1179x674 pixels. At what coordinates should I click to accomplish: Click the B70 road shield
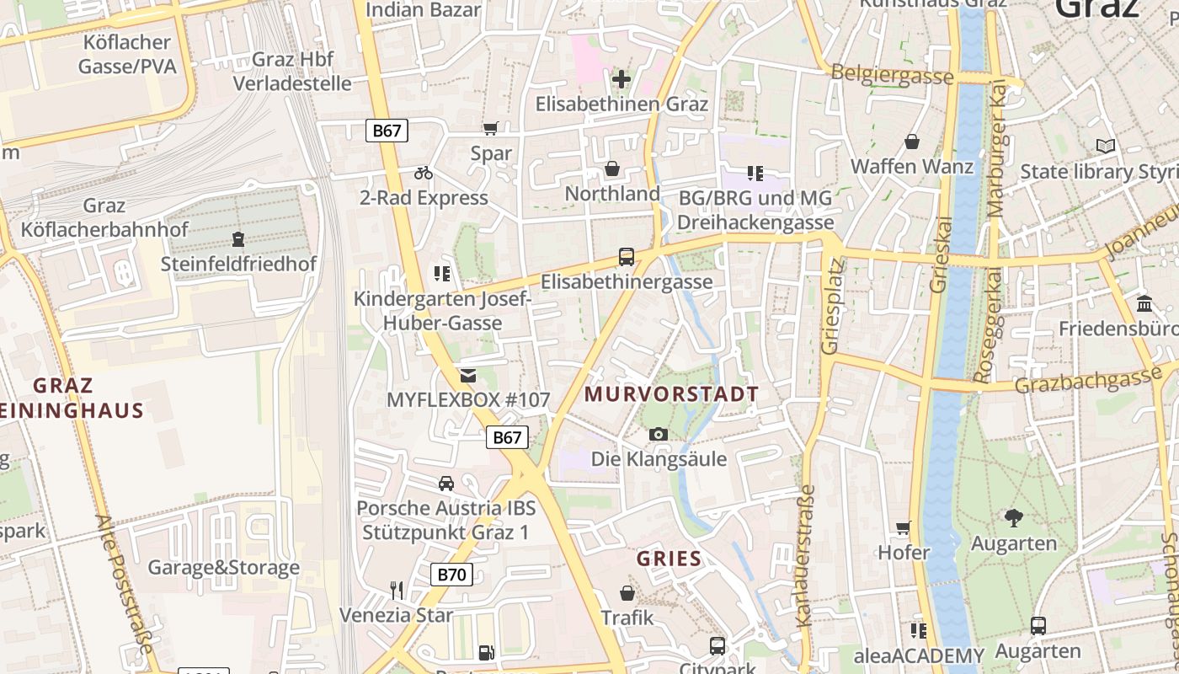click(451, 575)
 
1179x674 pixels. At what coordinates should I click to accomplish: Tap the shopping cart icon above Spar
click(490, 129)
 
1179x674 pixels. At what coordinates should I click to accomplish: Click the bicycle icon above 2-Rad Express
click(424, 173)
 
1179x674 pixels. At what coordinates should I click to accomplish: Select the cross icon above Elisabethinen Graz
click(622, 79)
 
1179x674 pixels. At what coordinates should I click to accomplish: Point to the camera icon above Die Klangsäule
click(659, 434)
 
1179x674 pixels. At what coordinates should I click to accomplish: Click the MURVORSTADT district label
click(671, 394)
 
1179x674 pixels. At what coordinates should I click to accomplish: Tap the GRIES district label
click(669, 559)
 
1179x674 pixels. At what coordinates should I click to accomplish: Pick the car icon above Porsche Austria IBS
click(446, 483)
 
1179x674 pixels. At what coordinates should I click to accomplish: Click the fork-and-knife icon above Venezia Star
click(397, 589)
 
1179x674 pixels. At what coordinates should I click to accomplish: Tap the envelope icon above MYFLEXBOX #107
click(467, 375)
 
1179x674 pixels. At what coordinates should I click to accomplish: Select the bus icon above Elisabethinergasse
click(627, 257)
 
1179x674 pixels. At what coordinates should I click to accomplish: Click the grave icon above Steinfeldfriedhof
click(238, 238)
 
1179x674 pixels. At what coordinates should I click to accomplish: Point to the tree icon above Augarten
click(1013, 517)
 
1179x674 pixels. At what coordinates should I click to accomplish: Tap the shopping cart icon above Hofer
click(904, 528)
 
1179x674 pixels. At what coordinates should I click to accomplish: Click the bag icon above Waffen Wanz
click(911, 142)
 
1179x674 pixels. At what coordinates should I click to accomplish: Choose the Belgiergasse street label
click(892, 75)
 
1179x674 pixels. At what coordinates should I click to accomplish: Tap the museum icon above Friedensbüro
click(1144, 303)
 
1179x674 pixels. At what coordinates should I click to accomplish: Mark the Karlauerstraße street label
click(806, 555)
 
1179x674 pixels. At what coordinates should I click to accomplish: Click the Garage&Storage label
click(223, 568)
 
